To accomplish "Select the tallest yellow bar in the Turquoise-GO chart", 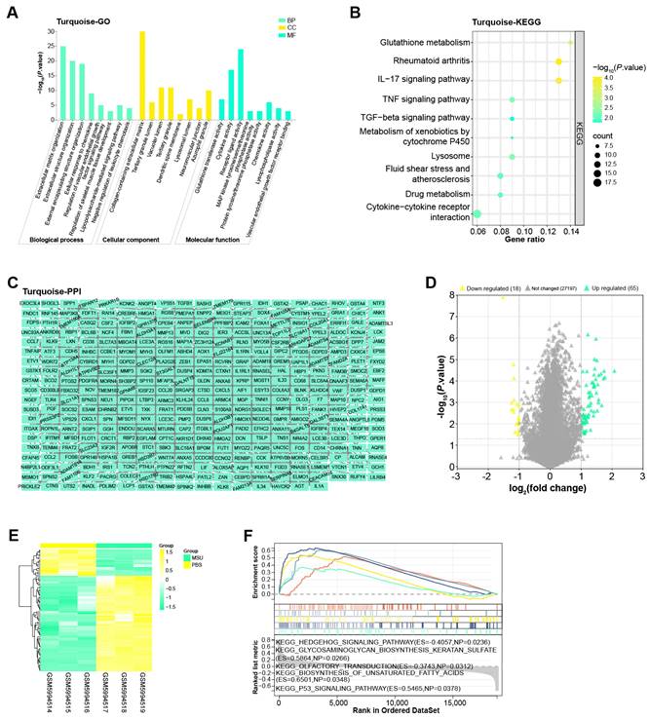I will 142,97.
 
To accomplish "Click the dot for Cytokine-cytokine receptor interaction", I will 478,212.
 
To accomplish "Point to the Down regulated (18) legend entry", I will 476,290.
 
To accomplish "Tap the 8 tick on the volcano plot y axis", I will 454,294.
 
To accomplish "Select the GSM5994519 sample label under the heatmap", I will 141,674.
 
